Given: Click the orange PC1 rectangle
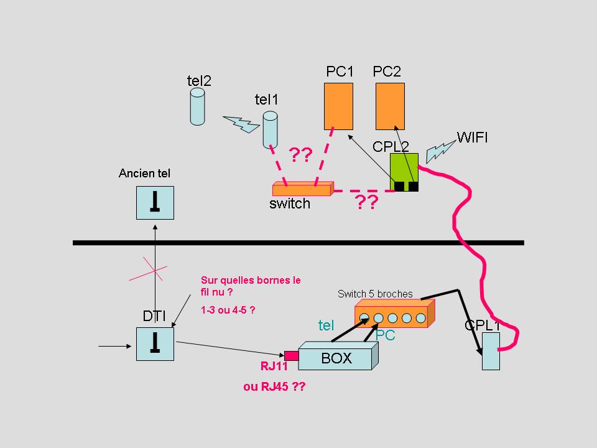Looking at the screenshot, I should pyautogui.click(x=338, y=105).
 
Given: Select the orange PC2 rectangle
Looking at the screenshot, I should pyautogui.click(x=390, y=105).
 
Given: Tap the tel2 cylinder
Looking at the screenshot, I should pyautogui.click(x=197, y=106).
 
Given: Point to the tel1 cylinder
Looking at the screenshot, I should pyautogui.click(x=269, y=129).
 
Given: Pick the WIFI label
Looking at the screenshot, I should pyautogui.click(x=472, y=137).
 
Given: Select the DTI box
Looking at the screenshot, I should pyautogui.click(x=155, y=343).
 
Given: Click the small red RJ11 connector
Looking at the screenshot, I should pyautogui.click(x=291, y=356).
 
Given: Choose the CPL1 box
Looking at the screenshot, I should pyautogui.click(x=491, y=351).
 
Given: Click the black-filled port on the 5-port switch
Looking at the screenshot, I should pyautogui.click(x=365, y=319).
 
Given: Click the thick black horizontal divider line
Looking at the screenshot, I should pyautogui.click(x=298, y=243).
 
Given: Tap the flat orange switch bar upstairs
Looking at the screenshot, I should pyautogui.click(x=303, y=188).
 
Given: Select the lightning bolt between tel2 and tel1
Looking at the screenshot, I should pyautogui.click(x=241, y=123).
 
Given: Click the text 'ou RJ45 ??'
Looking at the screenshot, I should pyautogui.click(x=274, y=386).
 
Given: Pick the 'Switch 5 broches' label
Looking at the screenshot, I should pyautogui.click(x=375, y=294).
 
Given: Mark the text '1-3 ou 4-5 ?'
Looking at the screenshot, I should pyautogui.click(x=228, y=309).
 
